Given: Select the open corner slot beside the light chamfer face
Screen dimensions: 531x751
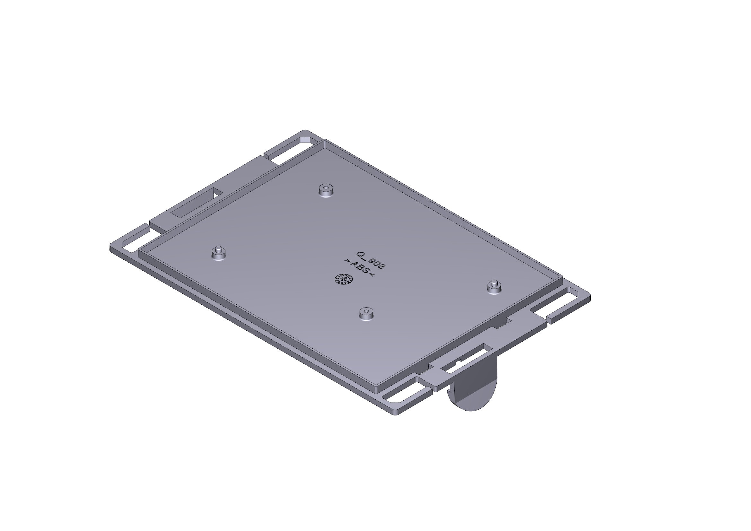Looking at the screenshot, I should tap(288, 151).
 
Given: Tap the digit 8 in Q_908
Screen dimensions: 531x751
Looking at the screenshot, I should tap(381, 266).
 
